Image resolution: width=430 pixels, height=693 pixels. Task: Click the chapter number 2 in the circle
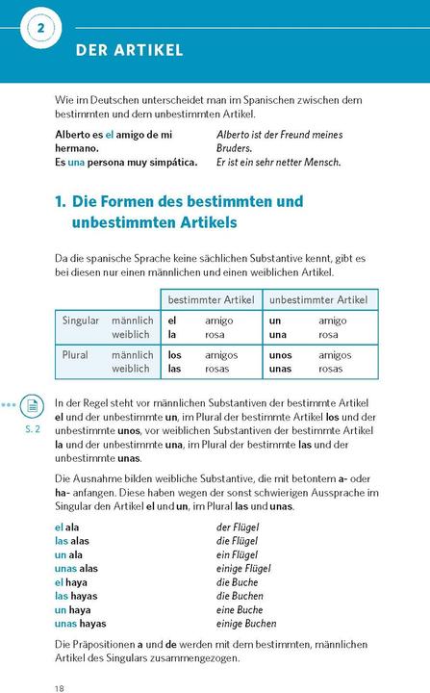40,29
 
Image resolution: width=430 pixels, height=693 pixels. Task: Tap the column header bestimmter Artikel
211,300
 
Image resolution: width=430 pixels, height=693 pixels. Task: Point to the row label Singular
81,321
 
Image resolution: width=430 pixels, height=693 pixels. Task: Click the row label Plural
75,355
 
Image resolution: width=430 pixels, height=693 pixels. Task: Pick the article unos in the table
281,355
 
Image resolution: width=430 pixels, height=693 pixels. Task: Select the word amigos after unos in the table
335,355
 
